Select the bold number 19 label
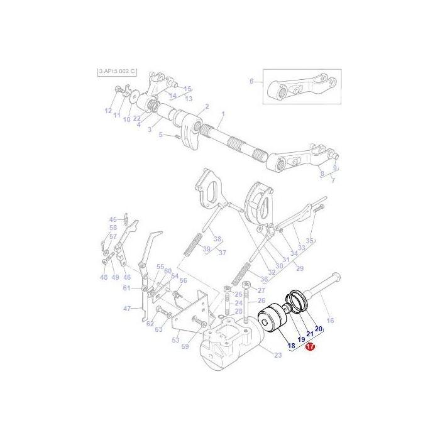tap(301, 339)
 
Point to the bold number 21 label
tap(310, 334)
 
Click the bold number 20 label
tap(318, 328)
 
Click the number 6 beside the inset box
tap(251, 82)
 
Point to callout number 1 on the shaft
tap(222, 116)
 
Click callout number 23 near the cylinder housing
tap(260, 355)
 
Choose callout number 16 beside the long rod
tap(331, 321)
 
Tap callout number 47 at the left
tap(127, 309)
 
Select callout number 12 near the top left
tap(107, 111)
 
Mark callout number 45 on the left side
tap(113, 219)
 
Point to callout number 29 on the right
tap(300, 268)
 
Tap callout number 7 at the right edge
tap(333, 180)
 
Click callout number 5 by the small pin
tap(161, 135)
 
